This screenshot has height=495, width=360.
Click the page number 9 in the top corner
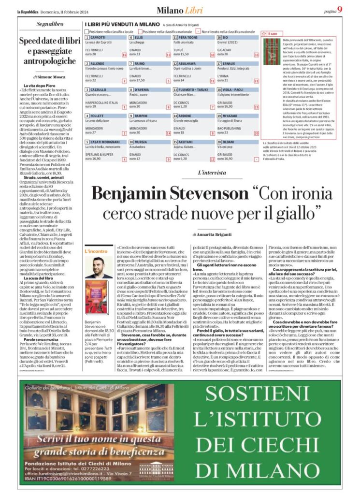340,10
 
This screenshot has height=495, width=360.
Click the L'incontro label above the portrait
96,251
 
